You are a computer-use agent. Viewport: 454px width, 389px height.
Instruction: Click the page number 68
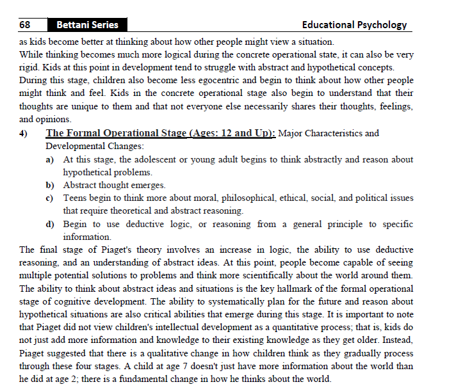coord(25,25)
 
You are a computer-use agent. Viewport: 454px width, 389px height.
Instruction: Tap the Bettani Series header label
coord(87,25)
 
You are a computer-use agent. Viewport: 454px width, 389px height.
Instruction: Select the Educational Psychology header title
coord(354,25)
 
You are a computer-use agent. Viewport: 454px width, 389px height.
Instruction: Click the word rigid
coord(31,67)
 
